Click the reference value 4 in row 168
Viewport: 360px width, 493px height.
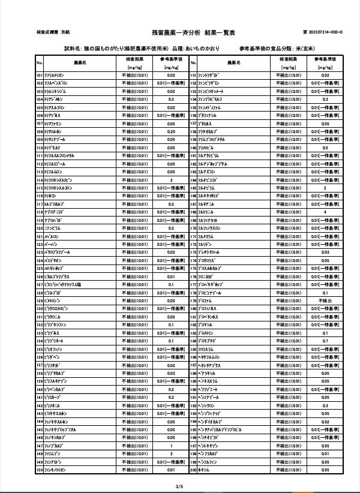tap(325, 212)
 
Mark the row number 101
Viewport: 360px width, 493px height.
tap(40, 75)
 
